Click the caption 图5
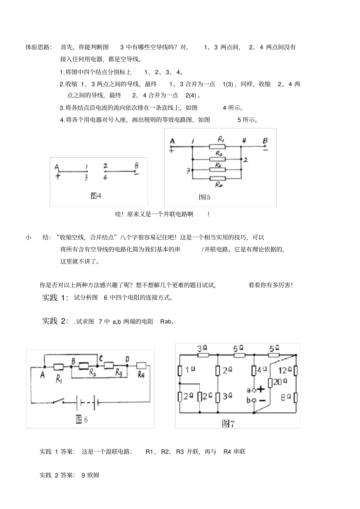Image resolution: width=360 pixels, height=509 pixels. (205, 197)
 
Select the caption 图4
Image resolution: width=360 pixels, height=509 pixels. (96, 196)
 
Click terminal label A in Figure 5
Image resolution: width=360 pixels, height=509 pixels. (172, 142)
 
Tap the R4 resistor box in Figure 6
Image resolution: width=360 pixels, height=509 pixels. (141, 365)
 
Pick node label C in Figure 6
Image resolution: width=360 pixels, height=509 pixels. (100, 358)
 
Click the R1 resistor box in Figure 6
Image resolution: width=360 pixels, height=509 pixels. (59, 367)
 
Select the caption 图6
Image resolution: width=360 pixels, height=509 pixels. (82, 419)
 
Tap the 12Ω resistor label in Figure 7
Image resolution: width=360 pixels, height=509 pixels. (285, 370)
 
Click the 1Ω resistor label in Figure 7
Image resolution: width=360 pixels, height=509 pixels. (190, 370)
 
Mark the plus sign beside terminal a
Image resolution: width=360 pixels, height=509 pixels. (261, 389)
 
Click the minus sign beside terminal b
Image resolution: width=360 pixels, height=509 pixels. (261, 400)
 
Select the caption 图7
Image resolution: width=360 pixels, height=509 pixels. (228, 423)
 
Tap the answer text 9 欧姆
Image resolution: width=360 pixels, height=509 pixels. (90, 475)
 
